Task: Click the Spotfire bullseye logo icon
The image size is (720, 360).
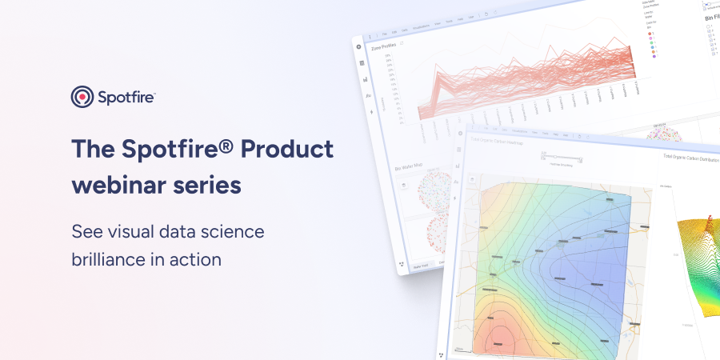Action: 82,98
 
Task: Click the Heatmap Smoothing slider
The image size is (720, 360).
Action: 564,155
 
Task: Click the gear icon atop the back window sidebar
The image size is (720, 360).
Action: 358,46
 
